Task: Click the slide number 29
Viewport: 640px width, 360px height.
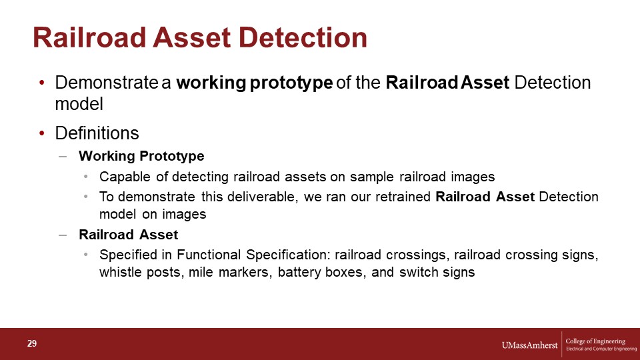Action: [x=32, y=343]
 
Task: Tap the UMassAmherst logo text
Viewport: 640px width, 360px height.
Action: [x=529, y=345]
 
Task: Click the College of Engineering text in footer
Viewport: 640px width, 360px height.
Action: [x=595, y=341]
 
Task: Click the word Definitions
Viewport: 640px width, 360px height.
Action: [x=97, y=133]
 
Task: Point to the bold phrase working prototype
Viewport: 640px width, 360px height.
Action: [x=255, y=83]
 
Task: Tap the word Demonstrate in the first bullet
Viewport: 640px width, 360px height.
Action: [x=106, y=83]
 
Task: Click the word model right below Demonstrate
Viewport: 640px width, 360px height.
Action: [x=79, y=104]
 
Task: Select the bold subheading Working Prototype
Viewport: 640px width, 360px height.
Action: [x=141, y=156]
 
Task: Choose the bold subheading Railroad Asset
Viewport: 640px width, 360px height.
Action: [x=129, y=235]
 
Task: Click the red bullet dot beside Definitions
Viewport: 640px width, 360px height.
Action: [x=41, y=133]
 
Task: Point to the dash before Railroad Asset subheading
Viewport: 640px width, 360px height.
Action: [x=63, y=235]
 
